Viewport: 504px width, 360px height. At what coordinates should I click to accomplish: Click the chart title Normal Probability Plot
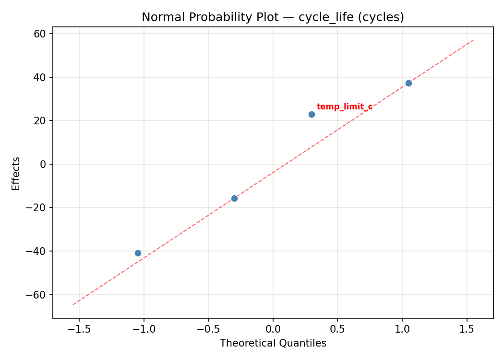coord(273,17)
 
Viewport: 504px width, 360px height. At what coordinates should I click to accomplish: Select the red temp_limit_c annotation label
coord(344,107)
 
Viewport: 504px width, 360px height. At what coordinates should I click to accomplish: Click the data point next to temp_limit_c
coord(312,114)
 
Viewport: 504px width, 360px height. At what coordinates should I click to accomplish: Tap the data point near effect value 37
coord(408,83)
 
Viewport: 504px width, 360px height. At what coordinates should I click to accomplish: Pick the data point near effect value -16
coord(234,198)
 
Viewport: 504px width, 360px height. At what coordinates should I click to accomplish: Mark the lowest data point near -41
coord(138,253)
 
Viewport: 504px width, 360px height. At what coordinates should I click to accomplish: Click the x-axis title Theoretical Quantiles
coord(273,343)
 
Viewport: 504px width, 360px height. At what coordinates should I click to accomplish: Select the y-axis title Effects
coord(16,173)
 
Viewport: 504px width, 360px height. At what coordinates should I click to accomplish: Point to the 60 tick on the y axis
coord(40,34)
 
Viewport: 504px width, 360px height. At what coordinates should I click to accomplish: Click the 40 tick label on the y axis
coord(40,77)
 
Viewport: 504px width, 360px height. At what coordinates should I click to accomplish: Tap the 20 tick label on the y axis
coord(40,121)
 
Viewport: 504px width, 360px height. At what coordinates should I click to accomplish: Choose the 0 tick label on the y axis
coord(43,164)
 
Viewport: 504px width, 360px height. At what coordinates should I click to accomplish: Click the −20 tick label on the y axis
coord(36,208)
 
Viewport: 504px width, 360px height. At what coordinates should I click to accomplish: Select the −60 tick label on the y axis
coord(36,295)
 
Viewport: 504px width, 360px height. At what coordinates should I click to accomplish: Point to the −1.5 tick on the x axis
coord(79,329)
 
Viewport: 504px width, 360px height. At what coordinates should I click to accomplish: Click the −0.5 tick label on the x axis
coord(208,329)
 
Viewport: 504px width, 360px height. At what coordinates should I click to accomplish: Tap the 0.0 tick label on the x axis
coord(273,329)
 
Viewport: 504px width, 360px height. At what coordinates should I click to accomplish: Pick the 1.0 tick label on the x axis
coord(402,329)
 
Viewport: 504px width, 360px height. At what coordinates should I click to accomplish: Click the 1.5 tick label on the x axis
coord(467,329)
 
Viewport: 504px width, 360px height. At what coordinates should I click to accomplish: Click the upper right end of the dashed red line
coord(473,40)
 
